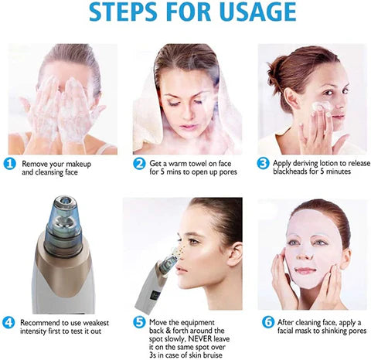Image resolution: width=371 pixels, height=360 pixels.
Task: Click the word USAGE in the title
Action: [256, 14]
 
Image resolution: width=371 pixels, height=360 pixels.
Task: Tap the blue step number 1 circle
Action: [10, 164]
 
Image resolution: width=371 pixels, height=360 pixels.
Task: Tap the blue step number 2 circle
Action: [139, 164]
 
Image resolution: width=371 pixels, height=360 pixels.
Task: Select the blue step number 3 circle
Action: [264, 164]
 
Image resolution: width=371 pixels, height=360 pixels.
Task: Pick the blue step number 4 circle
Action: [10, 322]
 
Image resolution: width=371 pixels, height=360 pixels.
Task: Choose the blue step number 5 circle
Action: [139, 322]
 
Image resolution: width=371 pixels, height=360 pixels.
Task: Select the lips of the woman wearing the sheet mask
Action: [303, 270]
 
